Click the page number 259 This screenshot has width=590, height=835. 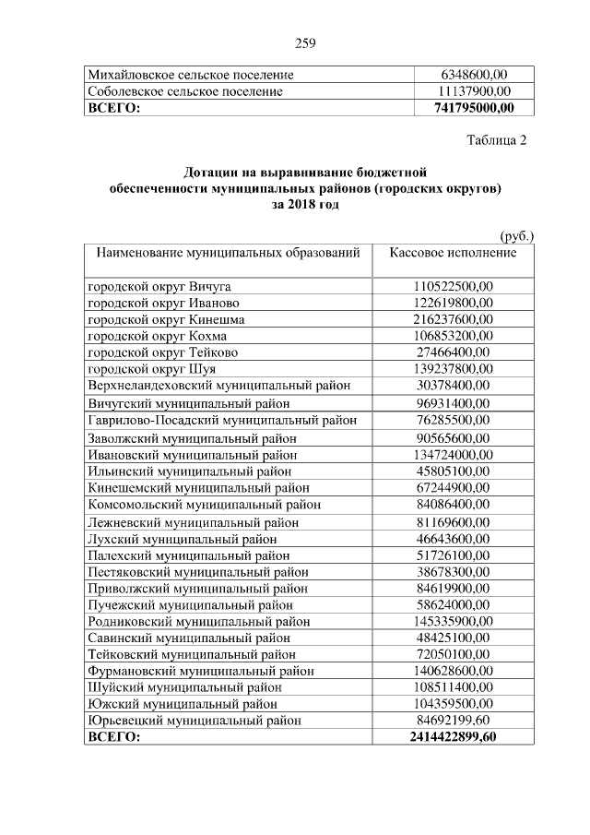[305, 42]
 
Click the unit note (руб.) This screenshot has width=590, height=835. [516, 235]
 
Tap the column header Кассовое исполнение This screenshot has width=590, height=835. [453, 253]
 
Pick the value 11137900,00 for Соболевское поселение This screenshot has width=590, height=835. [473, 91]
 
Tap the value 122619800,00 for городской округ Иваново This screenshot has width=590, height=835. [453, 303]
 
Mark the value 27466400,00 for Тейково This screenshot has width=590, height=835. [453, 352]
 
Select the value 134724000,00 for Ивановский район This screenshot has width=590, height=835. [453, 454]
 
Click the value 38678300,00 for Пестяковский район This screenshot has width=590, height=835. [453, 571]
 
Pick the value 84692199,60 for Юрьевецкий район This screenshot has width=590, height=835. [453, 721]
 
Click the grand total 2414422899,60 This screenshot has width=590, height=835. [453, 737]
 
